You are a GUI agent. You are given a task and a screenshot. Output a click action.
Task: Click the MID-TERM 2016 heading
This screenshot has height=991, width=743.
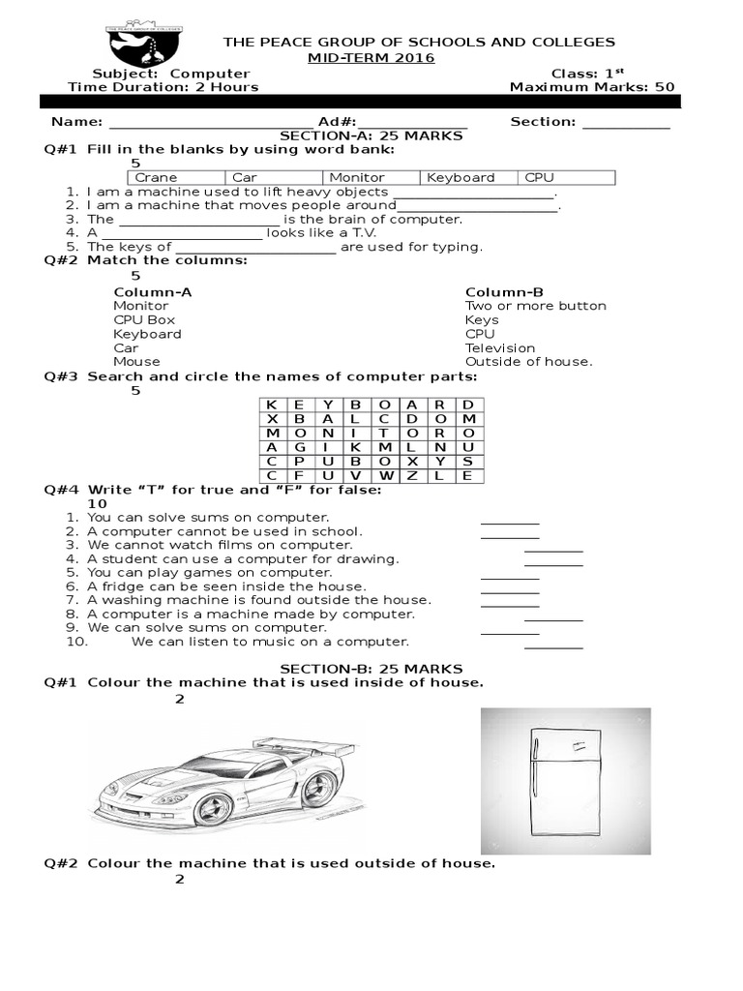pyautogui.click(x=371, y=58)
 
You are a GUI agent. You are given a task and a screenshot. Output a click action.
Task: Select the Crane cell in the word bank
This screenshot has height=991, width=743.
pyautogui.click(x=177, y=178)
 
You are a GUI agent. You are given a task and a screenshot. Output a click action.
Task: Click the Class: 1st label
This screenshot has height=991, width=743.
pyautogui.click(x=586, y=74)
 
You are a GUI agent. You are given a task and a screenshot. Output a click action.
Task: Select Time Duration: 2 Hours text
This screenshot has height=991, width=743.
pyautogui.click(x=163, y=87)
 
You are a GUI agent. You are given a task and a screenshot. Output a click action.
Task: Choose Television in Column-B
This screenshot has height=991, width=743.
pyautogui.click(x=499, y=347)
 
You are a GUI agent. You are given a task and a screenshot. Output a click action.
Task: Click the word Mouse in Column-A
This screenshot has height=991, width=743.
pyautogui.click(x=136, y=362)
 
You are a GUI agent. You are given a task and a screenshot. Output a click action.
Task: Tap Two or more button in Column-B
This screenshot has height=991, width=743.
pyautogui.click(x=535, y=306)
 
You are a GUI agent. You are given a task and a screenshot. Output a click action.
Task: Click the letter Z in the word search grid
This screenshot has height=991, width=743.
pyautogui.click(x=413, y=475)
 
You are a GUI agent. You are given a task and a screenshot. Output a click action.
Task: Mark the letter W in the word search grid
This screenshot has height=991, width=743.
pyautogui.click(x=385, y=475)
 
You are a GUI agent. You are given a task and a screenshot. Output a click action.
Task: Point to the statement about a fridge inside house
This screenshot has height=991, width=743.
pyautogui.click(x=226, y=586)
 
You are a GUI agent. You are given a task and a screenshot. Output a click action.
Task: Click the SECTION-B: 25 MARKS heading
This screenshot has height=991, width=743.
pyautogui.click(x=371, y=669)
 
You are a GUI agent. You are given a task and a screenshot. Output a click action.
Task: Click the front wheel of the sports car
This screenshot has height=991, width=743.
pyautogui.click(x=214, y=806)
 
